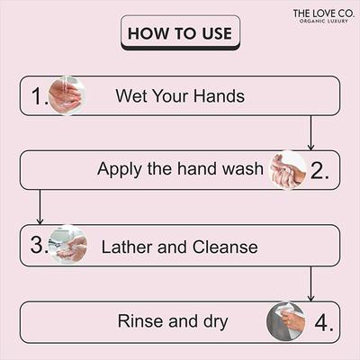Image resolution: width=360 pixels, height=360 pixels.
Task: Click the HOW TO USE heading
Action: click(180, 34)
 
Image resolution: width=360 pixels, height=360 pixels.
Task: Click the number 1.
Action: click(37, 96)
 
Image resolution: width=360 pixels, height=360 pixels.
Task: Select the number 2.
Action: click(320, 171)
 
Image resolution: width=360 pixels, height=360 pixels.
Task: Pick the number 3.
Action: click(37, 245)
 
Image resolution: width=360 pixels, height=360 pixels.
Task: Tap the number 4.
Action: click(320, 321)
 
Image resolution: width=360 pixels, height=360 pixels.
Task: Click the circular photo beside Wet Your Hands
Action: click(65, 95)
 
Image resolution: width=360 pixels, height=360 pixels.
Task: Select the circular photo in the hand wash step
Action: click(288, 170)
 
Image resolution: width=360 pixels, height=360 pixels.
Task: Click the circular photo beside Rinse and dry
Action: click(286, 321)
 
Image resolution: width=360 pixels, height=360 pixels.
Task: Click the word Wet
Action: click(131, 96)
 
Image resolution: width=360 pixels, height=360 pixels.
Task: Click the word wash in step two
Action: click(242, 170)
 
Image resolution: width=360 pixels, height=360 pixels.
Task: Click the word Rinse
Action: click(140, 321)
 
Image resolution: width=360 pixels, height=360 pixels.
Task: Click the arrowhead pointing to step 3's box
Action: click(39, 220)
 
